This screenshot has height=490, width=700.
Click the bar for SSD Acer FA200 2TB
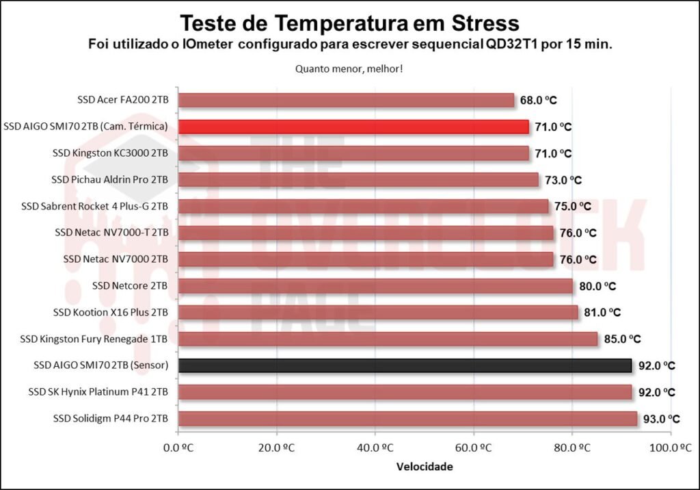click(346, 100)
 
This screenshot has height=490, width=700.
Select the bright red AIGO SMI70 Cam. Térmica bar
click(353, 127)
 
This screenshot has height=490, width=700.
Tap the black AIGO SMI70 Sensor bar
click(405, 365)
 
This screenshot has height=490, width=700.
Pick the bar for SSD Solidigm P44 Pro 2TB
click(407, 419)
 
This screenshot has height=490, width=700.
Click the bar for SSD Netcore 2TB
click(375, 286)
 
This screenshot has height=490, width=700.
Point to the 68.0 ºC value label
click(538, 100)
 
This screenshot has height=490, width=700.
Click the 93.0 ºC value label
click(661, 419)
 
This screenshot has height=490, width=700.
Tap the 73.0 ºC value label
click(563, 180)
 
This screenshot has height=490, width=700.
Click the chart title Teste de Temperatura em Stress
click(349, 23)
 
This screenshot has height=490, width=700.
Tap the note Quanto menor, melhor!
click(349, 68)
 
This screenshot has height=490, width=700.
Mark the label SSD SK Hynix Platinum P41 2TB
click(98, 392)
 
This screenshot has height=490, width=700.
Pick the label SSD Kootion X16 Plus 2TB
click(111, 313)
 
